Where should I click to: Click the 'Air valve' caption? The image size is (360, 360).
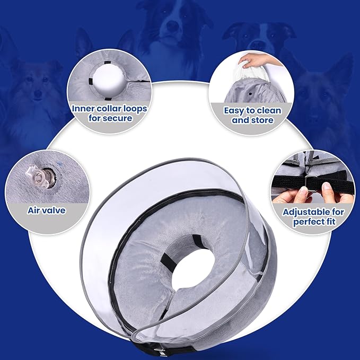(47, 210)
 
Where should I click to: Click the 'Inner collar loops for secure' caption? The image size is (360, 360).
(109, 113)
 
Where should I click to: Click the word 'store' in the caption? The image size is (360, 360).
(261, 121)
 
